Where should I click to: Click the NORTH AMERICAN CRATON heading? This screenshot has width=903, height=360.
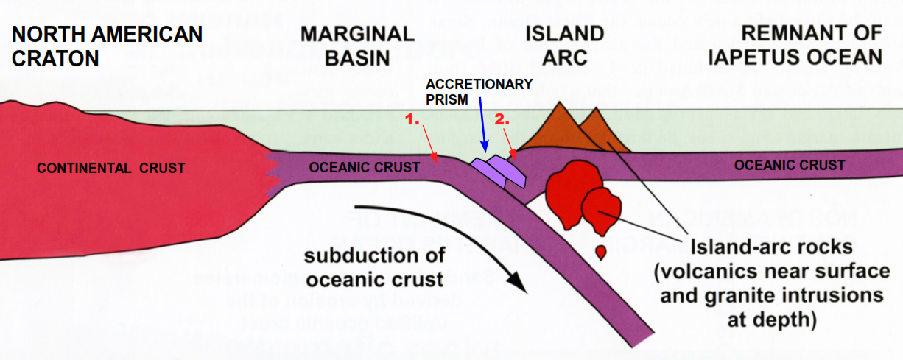pyautogui.click(x=107, y=46)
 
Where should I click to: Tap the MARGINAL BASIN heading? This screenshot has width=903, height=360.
pyautogui.click(x=357, y=46)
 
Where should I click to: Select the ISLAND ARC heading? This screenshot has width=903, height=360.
pyautogui.click(x=565, y=46)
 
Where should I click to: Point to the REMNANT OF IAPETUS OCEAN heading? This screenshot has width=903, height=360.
pyautogui.click(x=811, y=46)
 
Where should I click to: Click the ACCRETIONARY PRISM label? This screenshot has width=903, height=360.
pyautogui.click(x=479, y=91)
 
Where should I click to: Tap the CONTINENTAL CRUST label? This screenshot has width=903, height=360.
pyautogui.click(x=111, y=169)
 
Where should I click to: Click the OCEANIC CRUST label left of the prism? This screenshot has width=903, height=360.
pyautogui.click(x=365, y=168)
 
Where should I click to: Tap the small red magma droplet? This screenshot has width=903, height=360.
pyautogui.click(x=602, y=253)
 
